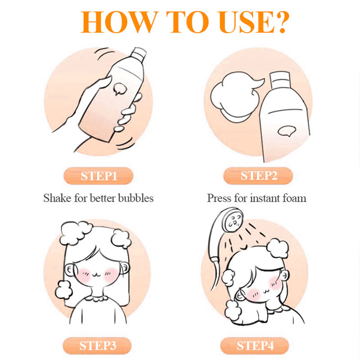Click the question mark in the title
[x=281, y=22]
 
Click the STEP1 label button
[x=98, y=176]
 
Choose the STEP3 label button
[x=97, y=346]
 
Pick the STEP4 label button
[x=254, y=346]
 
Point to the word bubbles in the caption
[x=136, y=198]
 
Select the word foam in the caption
[x=295, y=198]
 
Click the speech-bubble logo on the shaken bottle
[x=120, y=89]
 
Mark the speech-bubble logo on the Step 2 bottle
[x=287, y=131]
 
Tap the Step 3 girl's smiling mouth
[x=97, y=274]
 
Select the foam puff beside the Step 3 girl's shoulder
[x=63, y=290]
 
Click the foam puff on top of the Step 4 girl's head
[x=277, y=248]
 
